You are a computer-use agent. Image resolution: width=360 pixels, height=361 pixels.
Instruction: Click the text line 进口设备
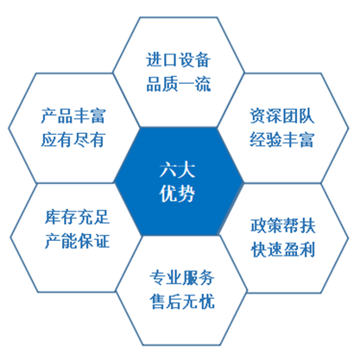click(179, 60)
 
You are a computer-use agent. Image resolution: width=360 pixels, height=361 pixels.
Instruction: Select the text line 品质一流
click(179, 84)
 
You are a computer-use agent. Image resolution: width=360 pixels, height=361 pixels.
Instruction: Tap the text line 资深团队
click(281, 116)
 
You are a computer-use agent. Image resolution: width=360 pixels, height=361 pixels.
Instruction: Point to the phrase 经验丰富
click(281, 140)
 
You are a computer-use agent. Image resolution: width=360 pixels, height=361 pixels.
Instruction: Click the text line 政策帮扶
click(283, 225)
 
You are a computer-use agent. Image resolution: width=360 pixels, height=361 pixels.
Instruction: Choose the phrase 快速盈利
click(283, 250)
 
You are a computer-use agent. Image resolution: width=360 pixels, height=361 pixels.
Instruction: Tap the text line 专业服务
click(182, 278)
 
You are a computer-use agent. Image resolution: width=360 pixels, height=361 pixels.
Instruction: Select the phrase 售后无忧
click(182, 302)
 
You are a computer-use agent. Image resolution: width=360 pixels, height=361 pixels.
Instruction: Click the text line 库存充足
click(77, 217)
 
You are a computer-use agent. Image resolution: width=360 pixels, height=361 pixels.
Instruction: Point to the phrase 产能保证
click(77, 241)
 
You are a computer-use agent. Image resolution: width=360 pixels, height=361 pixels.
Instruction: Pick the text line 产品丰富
click(73, 116)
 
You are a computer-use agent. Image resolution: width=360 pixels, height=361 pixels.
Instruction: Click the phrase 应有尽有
click(73, 140)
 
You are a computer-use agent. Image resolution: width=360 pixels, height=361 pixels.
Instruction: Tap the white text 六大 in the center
click(177, 170)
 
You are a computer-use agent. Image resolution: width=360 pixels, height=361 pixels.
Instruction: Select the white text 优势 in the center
click(177, 193)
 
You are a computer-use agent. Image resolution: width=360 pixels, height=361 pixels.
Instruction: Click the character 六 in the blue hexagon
click(168, 170)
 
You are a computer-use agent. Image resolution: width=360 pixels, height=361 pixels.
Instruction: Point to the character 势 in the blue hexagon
click(186, 193)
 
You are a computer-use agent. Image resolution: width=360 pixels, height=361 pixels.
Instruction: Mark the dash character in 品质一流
click(186, 85)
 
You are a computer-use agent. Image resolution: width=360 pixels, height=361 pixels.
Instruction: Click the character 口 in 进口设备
click(170, 60)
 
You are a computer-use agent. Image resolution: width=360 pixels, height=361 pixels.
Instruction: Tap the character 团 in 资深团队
click(290, 116)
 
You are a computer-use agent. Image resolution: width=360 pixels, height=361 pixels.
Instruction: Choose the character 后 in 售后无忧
click(174, 302)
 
